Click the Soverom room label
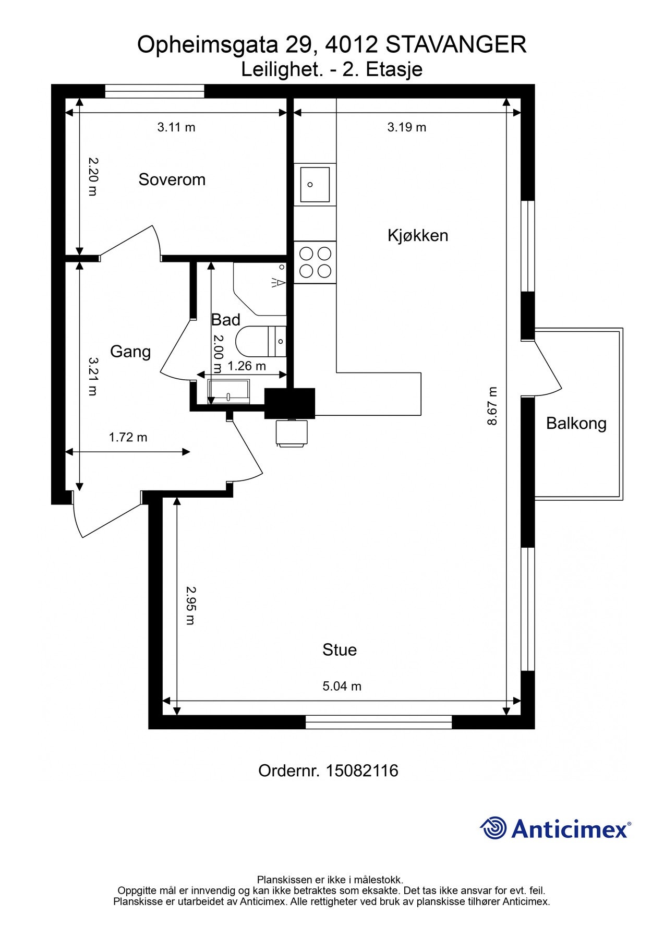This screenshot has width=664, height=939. (x=172, y=179)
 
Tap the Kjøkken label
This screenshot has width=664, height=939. (x=418, y=235)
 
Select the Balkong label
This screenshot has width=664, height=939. (x=576, y=423)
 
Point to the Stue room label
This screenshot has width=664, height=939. (x=340, y=649)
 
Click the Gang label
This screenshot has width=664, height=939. (x=130, y=352)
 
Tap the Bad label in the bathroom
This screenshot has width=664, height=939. (x=225, y=320)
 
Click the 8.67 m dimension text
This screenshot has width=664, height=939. (x=492, y=406)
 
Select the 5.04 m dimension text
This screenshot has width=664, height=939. (x=342, y=686)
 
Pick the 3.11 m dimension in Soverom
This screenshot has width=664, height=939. (x=176, y=127)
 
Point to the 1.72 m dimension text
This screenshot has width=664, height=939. (x=128, y=437)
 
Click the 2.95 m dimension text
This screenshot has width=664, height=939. (x=191, y=606)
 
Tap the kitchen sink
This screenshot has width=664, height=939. (x=315, y=184)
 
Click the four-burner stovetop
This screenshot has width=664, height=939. (x=315, y=262)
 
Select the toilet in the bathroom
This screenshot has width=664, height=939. (x=261, y=342)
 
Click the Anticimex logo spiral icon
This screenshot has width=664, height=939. (x=493, y=828)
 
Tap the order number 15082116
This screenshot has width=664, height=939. (x=362, y=771)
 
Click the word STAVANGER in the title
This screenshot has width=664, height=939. (x=456, y=45)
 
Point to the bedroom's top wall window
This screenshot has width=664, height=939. (x=154, y=91)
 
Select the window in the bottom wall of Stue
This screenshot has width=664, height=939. (x=379, y=722)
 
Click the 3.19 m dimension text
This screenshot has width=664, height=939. (x=407, y=127)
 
